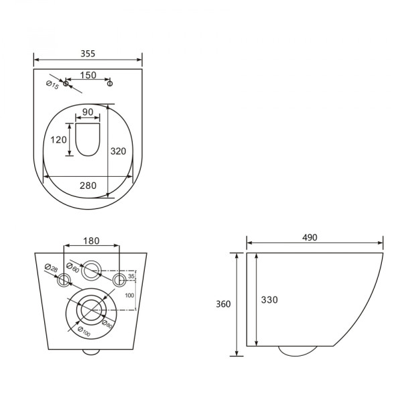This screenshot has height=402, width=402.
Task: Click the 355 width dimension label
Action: click(88, 54)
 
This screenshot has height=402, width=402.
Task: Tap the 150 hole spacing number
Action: click(88, 75)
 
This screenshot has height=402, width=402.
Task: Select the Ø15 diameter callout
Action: click(52, 85)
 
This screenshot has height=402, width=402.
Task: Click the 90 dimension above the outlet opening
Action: click(88, 112)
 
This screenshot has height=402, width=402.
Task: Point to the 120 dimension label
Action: click(58, 140)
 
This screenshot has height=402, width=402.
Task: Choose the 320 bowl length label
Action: click(118, 151)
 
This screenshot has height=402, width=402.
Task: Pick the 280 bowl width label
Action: click(88, 186)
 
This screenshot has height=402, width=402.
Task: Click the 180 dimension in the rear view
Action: click(91, 241)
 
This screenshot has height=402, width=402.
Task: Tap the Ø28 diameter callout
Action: click(52, 268)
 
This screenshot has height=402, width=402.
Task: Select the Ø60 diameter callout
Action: click(73, 267)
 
